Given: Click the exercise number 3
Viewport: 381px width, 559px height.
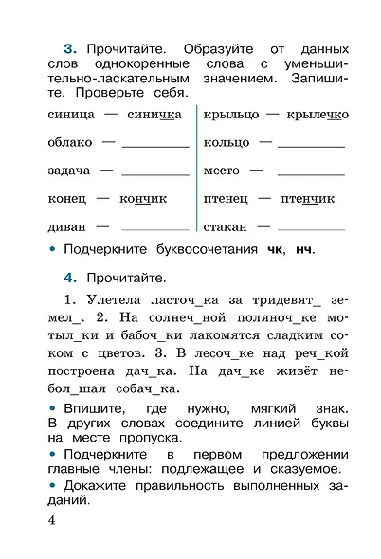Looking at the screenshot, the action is (x=68, y=47).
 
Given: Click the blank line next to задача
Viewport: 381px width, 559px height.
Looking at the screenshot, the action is (x=155, y=173).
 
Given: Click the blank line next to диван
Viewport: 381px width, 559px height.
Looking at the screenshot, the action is (x=155, y=229).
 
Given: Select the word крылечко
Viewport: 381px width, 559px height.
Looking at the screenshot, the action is (x=317, y=114).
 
